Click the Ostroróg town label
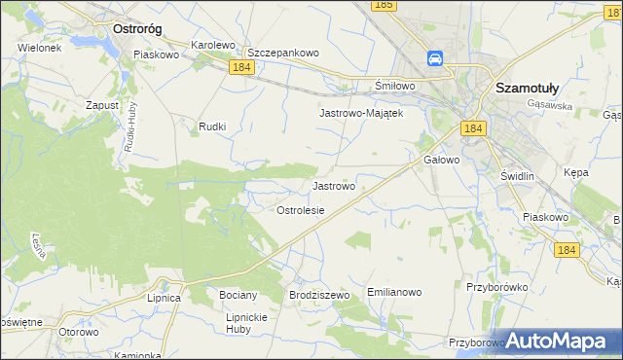136,29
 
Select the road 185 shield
384,6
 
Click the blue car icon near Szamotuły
436,59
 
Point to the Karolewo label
214,45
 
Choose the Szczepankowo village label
283,53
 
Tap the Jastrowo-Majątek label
361,113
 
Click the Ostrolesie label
300,210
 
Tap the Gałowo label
441,160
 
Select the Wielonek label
39,47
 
